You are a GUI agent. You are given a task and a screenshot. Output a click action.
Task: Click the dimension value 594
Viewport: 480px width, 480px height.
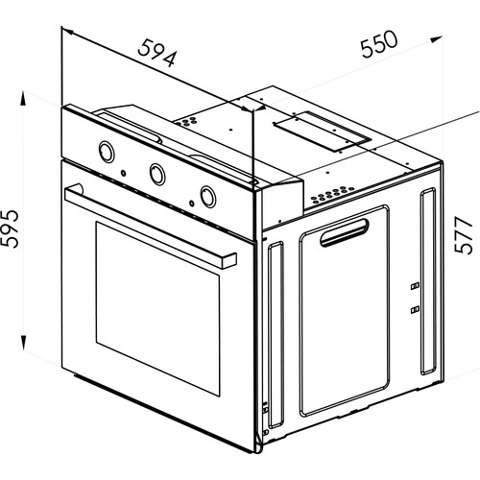coord(156,54)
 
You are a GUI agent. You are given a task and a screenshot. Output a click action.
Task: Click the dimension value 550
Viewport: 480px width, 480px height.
coord(379,44)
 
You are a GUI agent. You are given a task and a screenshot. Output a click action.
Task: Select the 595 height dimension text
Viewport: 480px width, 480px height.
coord(10,228)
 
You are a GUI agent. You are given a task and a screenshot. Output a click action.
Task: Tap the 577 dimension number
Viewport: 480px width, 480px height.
coord(464,235)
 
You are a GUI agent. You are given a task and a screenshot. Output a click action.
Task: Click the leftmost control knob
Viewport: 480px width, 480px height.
coord(107,152)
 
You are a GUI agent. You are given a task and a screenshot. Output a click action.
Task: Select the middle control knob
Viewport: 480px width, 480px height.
coord(157,174)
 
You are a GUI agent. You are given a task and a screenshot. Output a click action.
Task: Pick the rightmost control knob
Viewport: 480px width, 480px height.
coord(208,197)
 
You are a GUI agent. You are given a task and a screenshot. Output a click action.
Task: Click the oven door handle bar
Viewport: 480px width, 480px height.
coord(151,226)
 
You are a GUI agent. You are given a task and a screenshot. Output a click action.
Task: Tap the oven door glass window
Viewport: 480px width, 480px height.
coord(157,309)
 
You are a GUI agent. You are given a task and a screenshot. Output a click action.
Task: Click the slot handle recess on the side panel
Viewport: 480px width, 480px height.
coord(345,232)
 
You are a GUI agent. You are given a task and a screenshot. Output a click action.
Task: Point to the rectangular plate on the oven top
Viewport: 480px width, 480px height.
coord(323,132)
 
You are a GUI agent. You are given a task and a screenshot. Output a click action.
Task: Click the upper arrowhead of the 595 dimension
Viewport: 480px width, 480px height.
coord(23,98)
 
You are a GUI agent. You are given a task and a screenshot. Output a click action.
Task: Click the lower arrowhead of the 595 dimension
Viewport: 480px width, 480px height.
coord(23,343)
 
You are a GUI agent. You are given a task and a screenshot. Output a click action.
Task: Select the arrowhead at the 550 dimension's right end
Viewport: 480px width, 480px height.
coord(437,39)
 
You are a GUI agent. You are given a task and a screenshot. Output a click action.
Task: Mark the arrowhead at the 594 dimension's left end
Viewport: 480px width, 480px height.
coord(68,31)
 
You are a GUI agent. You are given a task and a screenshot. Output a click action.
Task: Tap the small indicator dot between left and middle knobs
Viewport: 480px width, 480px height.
coord(123,173)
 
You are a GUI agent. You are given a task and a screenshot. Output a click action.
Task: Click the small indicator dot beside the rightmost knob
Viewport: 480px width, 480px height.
coord(191,203)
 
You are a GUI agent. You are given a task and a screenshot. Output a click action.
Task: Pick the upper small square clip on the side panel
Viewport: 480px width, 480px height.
coord(415,285)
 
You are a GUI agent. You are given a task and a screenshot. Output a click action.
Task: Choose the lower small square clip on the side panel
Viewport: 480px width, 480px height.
coord(415,309)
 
